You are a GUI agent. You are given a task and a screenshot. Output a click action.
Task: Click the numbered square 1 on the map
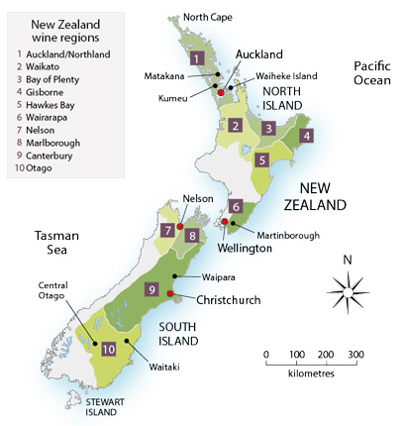point(198,58)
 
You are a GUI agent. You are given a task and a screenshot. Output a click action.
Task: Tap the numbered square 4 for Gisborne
point(307,136)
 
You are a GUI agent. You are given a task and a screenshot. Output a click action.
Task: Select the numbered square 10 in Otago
point(109,348)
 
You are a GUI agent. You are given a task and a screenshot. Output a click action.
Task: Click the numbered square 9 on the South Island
point(152,289)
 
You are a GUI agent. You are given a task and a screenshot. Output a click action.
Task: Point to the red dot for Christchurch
point(171,294)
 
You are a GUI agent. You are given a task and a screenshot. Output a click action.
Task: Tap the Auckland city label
point(259,53)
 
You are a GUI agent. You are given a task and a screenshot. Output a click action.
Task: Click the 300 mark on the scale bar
point(356,355)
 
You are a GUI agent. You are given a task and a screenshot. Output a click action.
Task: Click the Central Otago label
point(41,291)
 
